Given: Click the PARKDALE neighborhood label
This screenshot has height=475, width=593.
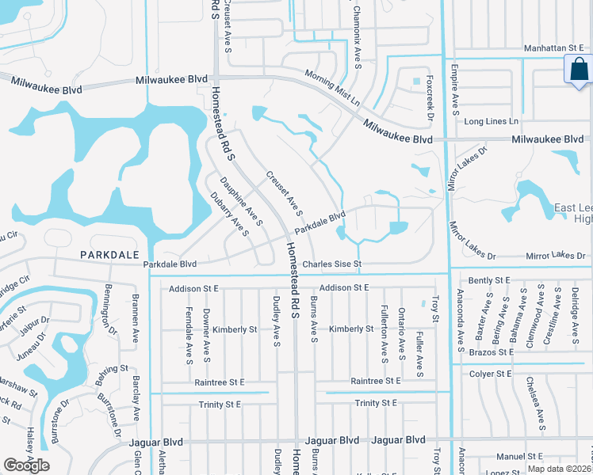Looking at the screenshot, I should pos(109,255).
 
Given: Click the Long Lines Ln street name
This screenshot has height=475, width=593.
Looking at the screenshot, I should pos(491,121).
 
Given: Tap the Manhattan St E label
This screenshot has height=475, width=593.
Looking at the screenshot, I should pos(555,49).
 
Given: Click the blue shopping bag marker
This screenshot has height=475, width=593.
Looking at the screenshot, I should pos(578,70).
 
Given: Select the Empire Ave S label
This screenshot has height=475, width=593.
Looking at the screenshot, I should pos(455,89).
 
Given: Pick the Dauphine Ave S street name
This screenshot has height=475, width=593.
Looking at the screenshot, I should pos(241,201).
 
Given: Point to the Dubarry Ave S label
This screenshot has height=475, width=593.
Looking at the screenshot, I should pos(229,214).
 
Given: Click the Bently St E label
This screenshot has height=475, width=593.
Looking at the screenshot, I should pos(489,280).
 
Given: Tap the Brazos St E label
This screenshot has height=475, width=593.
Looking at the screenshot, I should pos(491,351).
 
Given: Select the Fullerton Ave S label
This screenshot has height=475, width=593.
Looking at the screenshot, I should pos(383,330).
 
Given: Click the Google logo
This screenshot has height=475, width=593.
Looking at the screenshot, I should pos(26,465).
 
